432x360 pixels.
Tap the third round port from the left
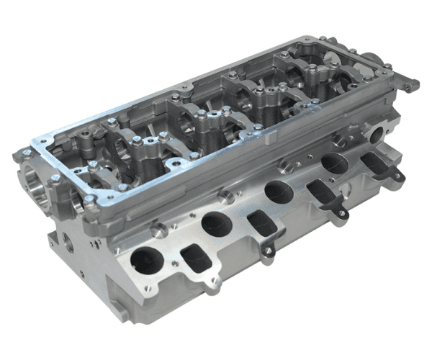click(x=277, y=192)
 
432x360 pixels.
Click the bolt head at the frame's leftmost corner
click(x=25, y=152)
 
